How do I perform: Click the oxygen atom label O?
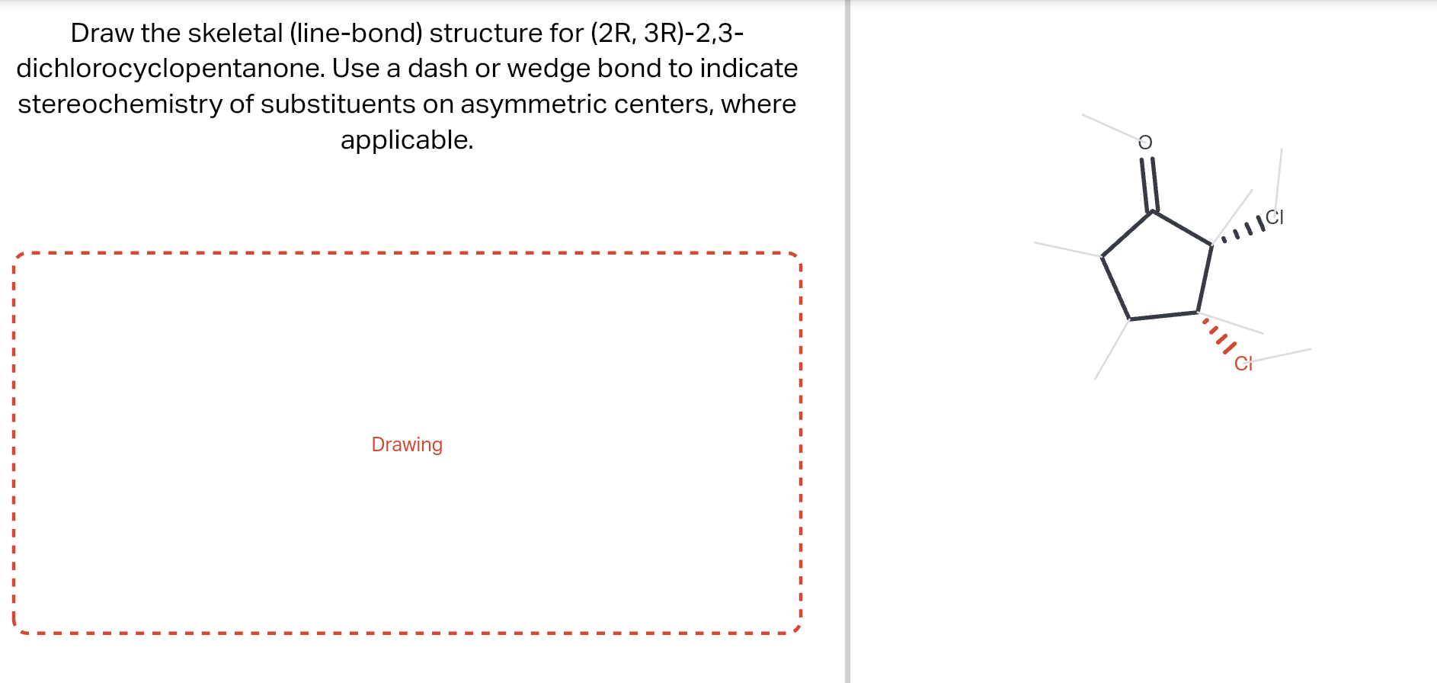click(x=1144, y=143)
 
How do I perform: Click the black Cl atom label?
click(x=1275, y=217)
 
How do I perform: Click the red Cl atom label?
click(x=1243, y=364)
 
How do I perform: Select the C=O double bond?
click(x=1149, y=184)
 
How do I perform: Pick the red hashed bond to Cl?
click(x=1218, y=335)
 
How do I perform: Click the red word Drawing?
click(x=407, y=444)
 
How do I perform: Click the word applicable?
click(x=406, y=140)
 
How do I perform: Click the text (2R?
click(x=613, y=33)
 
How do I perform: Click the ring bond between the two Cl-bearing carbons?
click(x=1205, y=279)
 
